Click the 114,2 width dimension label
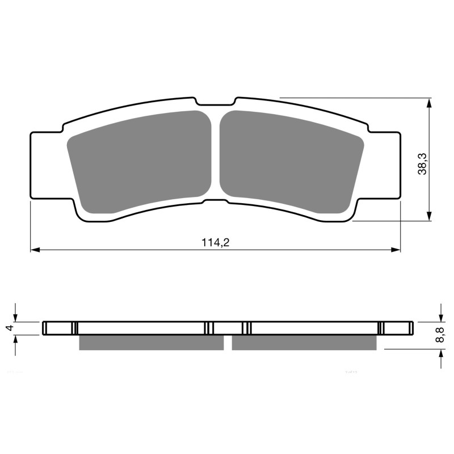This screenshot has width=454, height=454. tap(215, 242)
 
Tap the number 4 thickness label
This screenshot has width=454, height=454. tap(9, 328)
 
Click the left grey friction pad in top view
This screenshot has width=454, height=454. tap(140, 161)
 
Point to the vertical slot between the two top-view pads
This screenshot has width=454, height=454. tap(215, 153)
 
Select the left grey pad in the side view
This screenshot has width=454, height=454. tap(151, 342)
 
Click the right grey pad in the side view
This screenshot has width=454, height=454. tap(304, 342)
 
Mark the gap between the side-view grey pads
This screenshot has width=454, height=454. tap(228, 342)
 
